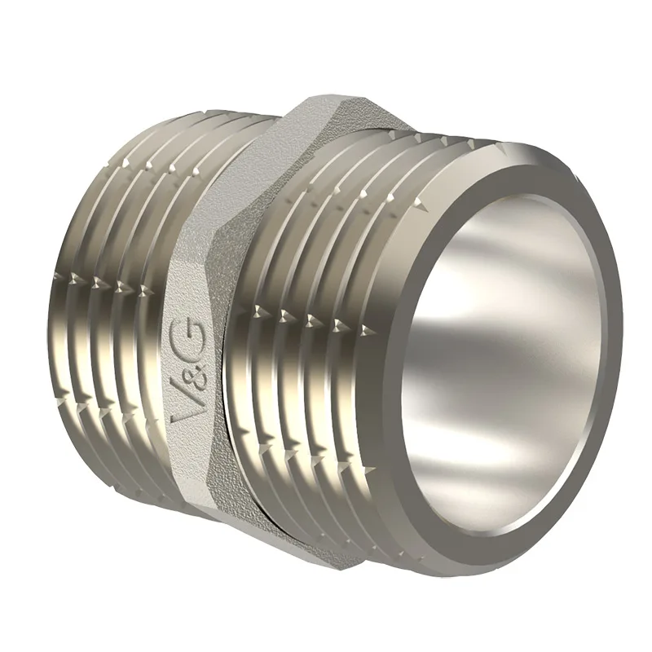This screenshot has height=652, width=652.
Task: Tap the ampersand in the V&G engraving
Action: click(189, 376)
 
